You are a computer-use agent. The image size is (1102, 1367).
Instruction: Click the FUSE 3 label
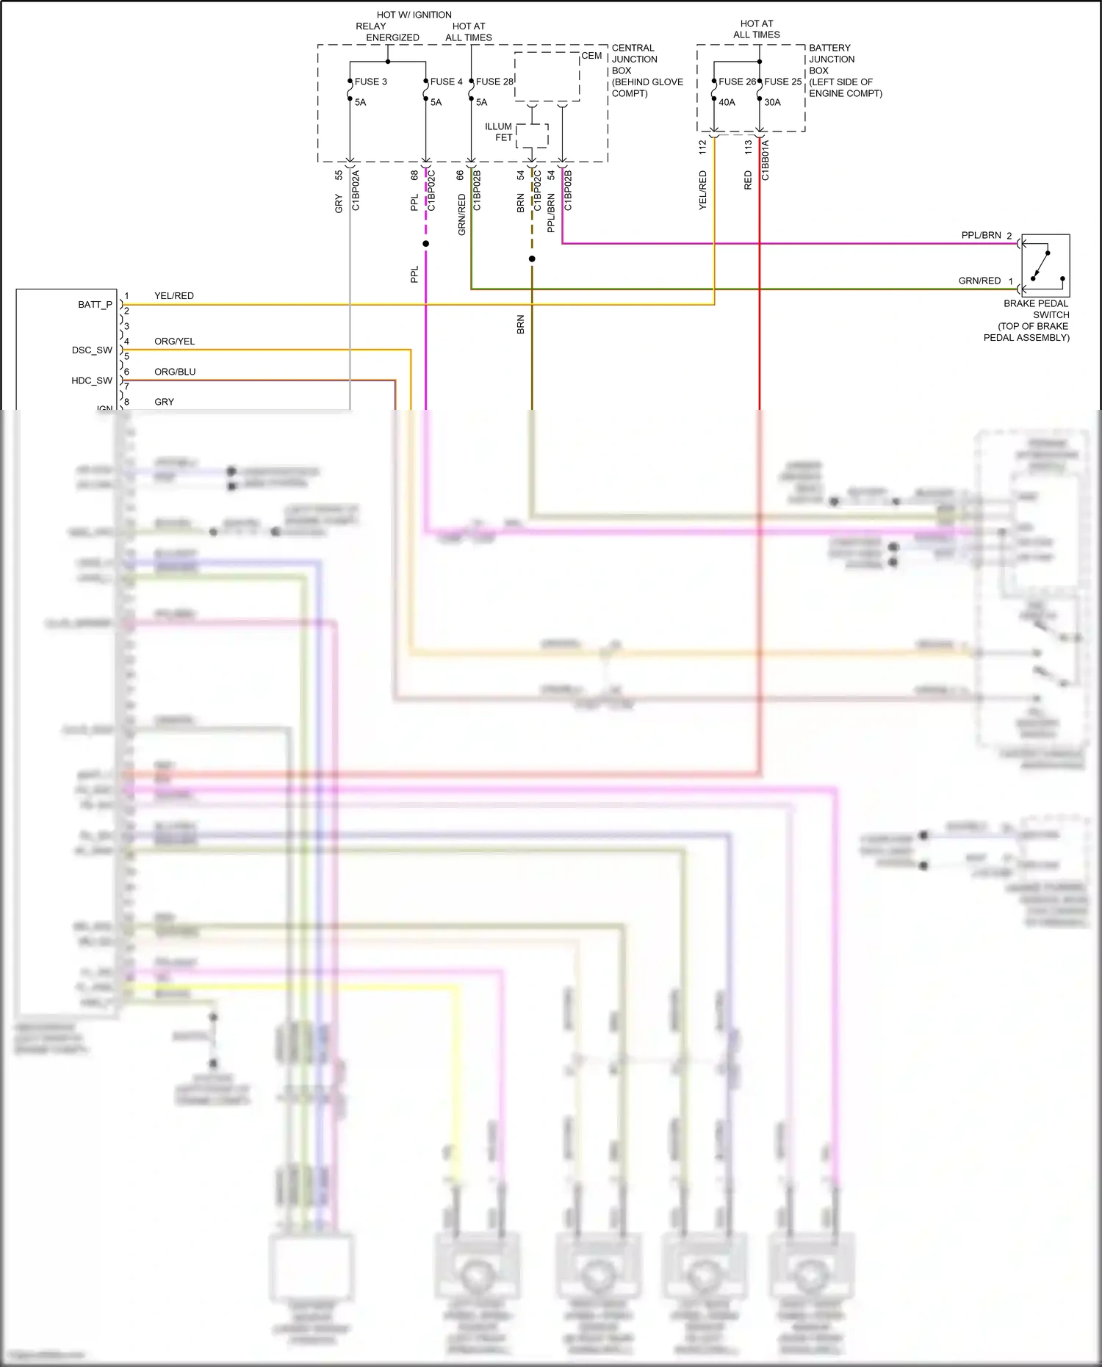click(370, 82)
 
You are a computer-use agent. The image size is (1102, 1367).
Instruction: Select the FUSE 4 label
click(446, 82)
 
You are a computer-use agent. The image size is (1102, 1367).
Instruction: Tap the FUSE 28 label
click(494, 82)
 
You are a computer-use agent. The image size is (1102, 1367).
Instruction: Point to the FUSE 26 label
click(737, 82)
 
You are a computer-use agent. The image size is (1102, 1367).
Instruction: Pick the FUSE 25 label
click(782, 82)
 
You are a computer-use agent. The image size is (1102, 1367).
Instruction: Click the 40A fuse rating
click(727, 102)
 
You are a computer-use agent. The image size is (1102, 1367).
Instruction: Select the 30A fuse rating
click(772, 102)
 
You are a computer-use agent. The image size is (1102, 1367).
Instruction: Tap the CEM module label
click(591, 56)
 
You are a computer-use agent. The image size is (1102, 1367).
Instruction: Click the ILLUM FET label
click(499, 131)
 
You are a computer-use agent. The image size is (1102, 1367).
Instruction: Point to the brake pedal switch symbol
click(1045, 264)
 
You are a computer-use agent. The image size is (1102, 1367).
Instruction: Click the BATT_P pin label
click(96, 304)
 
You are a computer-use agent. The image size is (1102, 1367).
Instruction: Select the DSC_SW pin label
click(92, 350)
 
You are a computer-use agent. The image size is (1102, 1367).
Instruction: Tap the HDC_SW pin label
click(92, 380)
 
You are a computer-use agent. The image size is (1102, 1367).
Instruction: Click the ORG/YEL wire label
click(174, 341)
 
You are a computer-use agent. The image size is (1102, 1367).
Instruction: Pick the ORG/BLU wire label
click(175, 372)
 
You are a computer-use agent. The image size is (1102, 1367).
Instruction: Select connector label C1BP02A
click(356, 190)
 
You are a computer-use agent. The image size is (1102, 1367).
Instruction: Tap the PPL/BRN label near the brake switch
click(981, 235)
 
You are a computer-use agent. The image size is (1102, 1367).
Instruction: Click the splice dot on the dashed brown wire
click(532, 259)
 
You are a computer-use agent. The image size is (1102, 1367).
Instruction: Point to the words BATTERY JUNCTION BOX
click(831, 59)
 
